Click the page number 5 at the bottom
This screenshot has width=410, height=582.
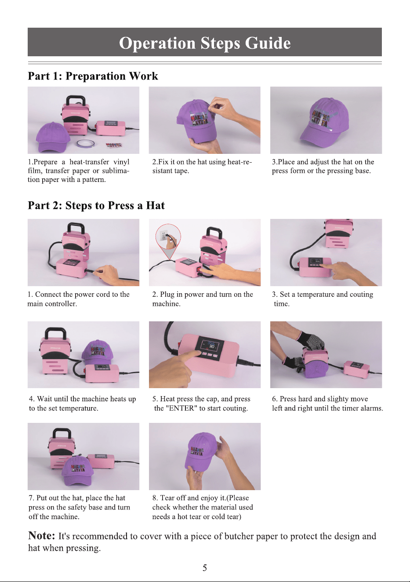(x=205, y=567)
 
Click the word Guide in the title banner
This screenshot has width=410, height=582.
(x=268, y=43)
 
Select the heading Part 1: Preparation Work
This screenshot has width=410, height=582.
(x=93, y=76)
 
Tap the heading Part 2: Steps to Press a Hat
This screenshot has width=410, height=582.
(x=96, y=205)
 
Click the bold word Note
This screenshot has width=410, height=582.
(x=42, y=535)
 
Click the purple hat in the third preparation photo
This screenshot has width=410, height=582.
(x=324, y=122)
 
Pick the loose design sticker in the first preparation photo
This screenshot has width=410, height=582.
(x=113, y=145)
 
